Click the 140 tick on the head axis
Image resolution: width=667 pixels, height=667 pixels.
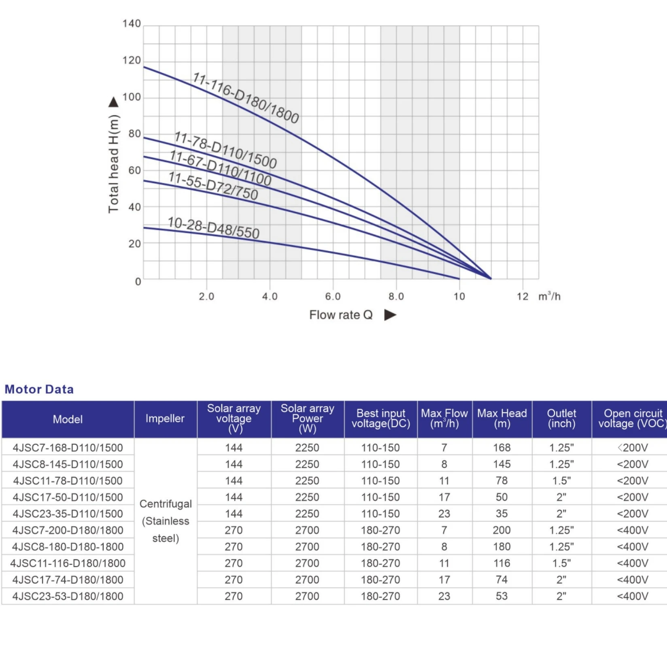click(x=132, y=24)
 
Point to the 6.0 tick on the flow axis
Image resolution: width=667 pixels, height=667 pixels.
click(x=333, y=297)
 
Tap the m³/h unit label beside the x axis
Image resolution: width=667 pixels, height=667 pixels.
click(x=549, y=296)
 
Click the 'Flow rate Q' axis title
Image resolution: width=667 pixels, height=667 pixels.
click(x=341, y=315)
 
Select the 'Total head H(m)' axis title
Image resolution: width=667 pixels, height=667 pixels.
click(x=114, y=164)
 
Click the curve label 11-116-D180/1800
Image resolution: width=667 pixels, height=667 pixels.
click(x=246, y=98)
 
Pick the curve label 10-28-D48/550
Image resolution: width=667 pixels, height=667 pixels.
click(x=213, y=228)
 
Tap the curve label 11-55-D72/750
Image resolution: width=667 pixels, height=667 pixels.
click(x=213, y=186)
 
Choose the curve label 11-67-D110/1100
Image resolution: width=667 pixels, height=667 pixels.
click(x=220, y=168)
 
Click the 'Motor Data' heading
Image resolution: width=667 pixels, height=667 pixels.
click(x=39, y=389)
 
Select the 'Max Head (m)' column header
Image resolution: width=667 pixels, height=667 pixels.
click(x=502, y=418)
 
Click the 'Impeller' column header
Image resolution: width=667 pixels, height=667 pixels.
click(x=165, y=418)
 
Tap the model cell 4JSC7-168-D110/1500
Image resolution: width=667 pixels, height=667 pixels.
click(x=68, y=448)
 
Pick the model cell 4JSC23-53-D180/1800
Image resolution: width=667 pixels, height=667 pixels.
click(x=68, y=596)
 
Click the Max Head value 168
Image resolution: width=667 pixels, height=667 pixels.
click(x=502, y=448)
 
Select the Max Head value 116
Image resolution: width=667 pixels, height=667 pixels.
click(x=502, y=563)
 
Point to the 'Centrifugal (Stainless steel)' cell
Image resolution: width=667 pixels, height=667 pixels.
click(x=166, y=521)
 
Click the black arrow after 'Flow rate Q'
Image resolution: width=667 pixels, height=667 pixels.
click(x=390, y=315)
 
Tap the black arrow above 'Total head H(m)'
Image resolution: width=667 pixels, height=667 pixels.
click(x=114, y=102)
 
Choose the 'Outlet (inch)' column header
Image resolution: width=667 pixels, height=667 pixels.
click(x=561, y=418)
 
